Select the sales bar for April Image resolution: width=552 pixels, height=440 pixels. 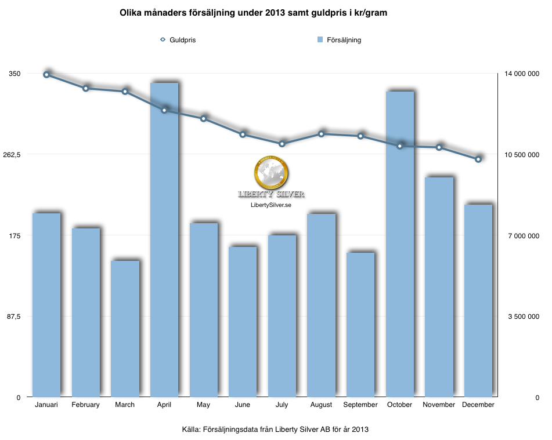click(164, 240)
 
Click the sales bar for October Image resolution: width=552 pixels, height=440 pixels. click(399, 244)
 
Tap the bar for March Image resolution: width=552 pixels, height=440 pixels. click(125, 329)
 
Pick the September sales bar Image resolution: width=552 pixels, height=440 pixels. click(360, 325)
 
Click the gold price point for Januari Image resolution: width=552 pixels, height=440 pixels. click(46, 75)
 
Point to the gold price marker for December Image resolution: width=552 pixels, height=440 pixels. click(478, 159)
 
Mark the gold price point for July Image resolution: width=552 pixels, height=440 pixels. click(282, 144)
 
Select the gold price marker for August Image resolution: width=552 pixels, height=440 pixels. click(321, 134)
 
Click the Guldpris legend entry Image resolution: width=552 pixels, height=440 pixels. click(178, 40)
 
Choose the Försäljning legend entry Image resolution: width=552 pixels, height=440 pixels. click(340, 40)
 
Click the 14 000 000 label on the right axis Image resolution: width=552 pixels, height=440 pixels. click(521, 74)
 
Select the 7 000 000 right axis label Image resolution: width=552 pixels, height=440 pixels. click(524, 235)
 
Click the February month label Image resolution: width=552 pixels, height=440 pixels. click(85, 405)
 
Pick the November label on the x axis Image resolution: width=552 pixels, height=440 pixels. click(439, 405)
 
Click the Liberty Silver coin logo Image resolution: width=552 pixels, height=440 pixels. click(271, 173)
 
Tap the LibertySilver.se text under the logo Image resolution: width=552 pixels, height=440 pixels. click(271, 205)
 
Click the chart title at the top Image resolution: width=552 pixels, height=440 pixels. click(254, 13)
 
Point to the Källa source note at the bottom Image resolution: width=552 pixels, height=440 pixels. click(275, 430)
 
